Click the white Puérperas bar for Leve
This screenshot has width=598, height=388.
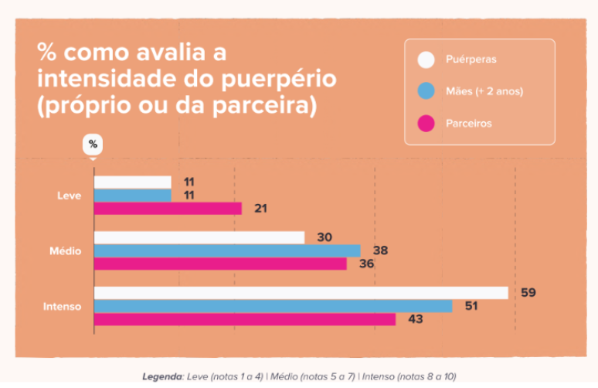pos(133,182)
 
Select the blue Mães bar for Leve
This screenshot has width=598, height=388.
pos(133,195)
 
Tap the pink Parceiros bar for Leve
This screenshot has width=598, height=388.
pos(168,209)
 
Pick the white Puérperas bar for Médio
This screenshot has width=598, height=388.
pos(199,237)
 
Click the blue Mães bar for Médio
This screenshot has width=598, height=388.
pos(227,250)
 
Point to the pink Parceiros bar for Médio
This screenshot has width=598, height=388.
pos(220,264)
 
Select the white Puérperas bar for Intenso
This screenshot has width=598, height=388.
pos(301,293)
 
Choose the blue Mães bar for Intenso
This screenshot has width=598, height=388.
pos(274,306)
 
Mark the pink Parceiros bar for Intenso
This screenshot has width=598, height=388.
pos(245,319)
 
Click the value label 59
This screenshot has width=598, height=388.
pos(528,293)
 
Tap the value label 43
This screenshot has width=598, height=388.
pos(415,319)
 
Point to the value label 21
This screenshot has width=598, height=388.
pos(261,209)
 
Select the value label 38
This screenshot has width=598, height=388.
pos(380,250)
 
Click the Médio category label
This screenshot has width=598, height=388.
pos(65,250)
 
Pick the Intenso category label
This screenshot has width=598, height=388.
pos(62,306)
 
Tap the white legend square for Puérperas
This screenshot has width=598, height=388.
pos(426,60)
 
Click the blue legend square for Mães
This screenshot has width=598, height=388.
pos(426,91)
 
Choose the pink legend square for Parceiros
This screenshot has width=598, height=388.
pos(426,123)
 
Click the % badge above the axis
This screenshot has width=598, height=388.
pos(93,145)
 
